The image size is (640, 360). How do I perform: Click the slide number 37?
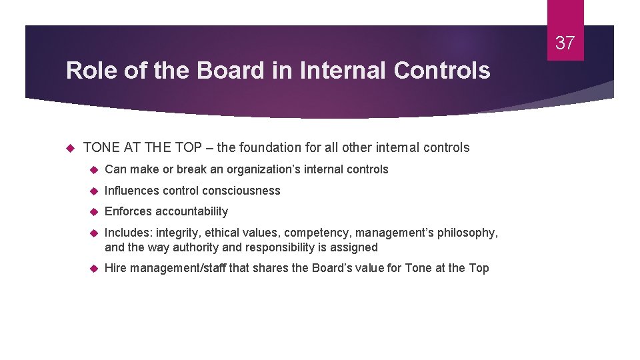[x=565, y=43]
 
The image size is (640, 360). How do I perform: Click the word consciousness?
[x=241, y=191]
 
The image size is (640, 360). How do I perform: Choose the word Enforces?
[x=129, y=211]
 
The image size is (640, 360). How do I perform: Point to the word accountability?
[x=192, y=211]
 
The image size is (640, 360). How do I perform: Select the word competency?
[x=321, y=233]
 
